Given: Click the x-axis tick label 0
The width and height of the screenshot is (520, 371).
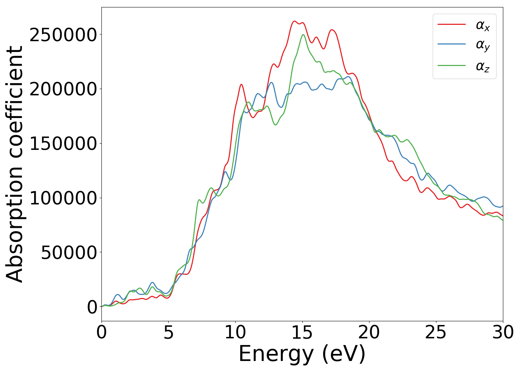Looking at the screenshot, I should point(101,332).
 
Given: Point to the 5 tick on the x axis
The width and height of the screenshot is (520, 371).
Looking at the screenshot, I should point(168,332).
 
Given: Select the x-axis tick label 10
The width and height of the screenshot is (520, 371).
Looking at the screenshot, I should point(235,332).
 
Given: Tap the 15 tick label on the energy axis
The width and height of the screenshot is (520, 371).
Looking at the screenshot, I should point(302,332).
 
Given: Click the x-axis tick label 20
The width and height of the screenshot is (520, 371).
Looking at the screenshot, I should point(369,332).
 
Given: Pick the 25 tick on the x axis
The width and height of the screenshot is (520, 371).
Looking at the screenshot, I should point(436,332).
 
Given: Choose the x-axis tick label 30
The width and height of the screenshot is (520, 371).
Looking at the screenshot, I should point(503,332).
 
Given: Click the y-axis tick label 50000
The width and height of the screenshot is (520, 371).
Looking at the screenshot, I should point(69,253).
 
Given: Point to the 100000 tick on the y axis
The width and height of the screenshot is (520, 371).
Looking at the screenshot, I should point(63,198).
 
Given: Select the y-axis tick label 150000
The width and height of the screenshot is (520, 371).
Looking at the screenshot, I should point(63,144).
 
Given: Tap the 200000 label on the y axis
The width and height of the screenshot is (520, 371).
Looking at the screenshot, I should point(63,89).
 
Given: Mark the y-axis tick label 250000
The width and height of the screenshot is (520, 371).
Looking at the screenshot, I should point(63,35).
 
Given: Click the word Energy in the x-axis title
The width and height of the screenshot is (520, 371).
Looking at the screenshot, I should point(276,354).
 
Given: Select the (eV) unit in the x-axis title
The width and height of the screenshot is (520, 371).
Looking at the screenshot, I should point(344,354).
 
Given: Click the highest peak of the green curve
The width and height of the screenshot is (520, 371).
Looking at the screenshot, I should point(303,35).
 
